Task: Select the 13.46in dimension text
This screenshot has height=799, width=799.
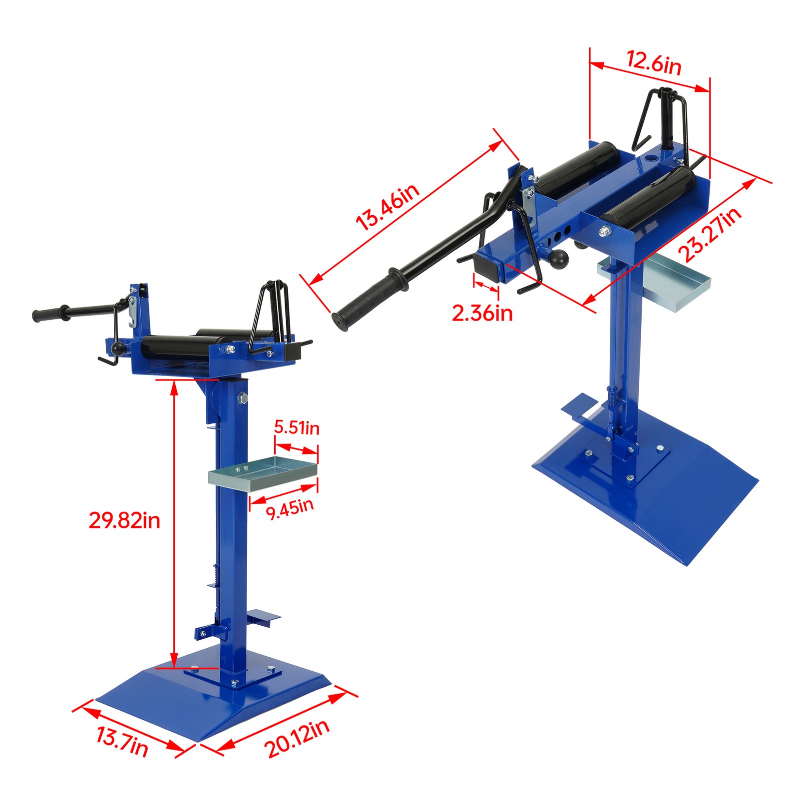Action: click(388, 207)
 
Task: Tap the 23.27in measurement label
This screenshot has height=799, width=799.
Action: click(711, 235)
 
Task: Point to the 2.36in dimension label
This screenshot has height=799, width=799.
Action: click(482, 313)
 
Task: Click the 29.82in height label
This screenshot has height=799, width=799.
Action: click(124, 520)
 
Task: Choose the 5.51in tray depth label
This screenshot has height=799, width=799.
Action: click(297, 427)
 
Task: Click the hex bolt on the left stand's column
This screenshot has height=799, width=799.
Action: click(243, 398)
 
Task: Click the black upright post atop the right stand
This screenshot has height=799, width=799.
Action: click(668, 117)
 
